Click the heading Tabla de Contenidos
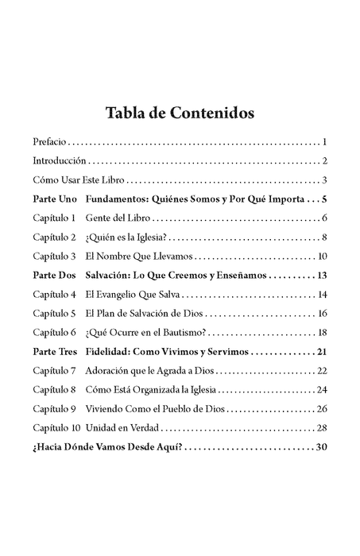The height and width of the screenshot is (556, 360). click(x=180, y=113)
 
